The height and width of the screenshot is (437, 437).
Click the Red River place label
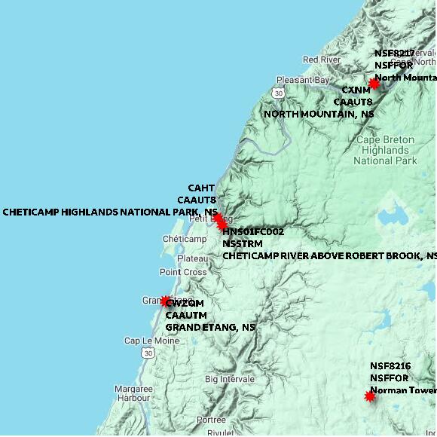[322, 60]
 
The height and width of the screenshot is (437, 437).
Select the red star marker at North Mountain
[374, 84]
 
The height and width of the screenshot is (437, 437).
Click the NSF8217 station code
[394, 53]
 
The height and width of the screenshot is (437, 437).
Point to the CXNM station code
[356, 90]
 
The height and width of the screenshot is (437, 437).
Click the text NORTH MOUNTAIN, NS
[319, 114]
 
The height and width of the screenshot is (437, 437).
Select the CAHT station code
[201, 188]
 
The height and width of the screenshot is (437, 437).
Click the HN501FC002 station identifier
[253, 232]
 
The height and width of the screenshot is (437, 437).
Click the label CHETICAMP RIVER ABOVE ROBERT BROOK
[329, 256]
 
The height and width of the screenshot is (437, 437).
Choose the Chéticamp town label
[185, 240]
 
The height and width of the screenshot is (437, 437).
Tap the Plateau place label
[192, 258]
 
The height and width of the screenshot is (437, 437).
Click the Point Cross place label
[183, 272]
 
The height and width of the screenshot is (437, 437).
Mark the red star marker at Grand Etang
[166, 301]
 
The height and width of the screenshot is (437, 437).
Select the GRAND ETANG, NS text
[210, 328]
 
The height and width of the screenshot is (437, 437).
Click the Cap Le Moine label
[151, 341]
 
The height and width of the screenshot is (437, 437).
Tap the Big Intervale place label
[229, 379]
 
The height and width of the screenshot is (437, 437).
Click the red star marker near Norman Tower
[370, 396]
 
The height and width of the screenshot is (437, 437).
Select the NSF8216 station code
[390, 366]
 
